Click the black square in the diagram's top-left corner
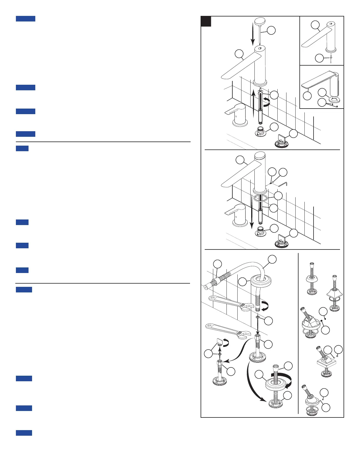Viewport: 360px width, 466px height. pyautogui.click(x=206, y=21)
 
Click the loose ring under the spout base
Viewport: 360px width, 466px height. pyautogui.click(x=261, y=198)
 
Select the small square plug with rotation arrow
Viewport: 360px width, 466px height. pyautogui.click(x=221, y=342)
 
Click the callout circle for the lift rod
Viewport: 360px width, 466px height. pyautogui.click(x=271, y=30)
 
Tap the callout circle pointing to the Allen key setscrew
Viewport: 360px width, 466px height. pyautogui.click(x=272, y=172)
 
